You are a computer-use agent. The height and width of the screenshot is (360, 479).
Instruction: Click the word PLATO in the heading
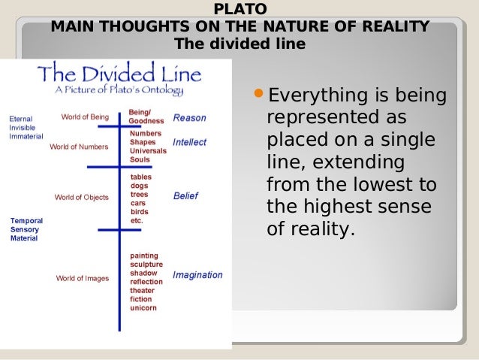(239, 10)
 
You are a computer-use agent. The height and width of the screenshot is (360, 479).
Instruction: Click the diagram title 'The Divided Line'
(119, 74)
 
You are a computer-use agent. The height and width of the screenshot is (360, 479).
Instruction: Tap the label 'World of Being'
(85, 117)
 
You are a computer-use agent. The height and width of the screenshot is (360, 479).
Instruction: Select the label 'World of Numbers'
(80, 147)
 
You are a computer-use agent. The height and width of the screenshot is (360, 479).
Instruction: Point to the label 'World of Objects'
(81, 198)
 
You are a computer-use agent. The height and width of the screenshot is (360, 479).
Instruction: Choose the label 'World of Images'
(82, 278)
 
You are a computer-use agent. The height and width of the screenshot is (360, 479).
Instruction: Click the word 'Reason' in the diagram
(189, 118)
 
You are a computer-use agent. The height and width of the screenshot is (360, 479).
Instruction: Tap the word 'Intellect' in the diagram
(189, 142)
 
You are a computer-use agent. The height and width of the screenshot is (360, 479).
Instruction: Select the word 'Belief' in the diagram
(185, 195)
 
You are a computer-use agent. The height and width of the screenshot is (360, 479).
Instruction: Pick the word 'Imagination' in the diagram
(197, 275)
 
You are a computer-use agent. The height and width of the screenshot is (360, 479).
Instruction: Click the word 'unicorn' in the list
(143, 308)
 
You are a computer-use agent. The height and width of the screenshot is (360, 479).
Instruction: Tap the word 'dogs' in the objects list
(140, 186)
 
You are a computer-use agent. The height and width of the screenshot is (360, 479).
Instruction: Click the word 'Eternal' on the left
(20, 119)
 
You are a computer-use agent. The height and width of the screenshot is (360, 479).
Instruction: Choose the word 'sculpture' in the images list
(146, 265)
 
